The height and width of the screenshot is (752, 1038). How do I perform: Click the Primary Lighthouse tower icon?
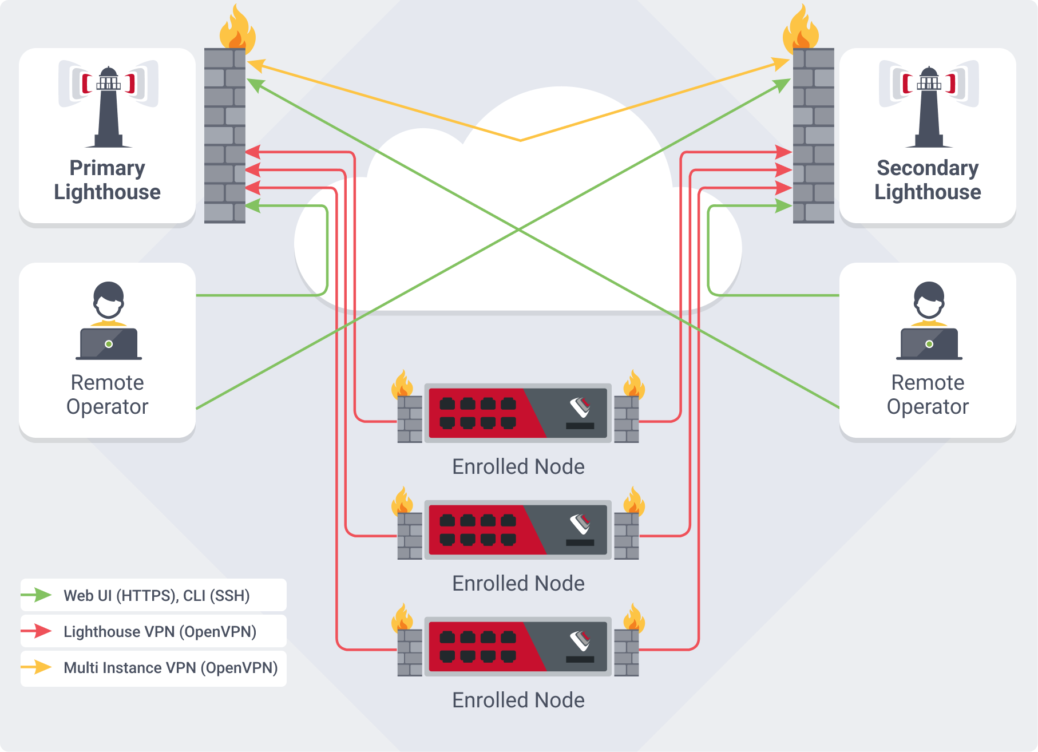[108, 106]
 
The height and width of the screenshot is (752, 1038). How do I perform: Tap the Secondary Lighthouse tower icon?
[929, 106]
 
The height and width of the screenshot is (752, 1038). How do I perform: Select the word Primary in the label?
[107, 168]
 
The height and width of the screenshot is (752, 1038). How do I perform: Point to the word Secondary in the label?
[928, 168]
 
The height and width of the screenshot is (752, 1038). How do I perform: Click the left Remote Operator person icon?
[108, 320]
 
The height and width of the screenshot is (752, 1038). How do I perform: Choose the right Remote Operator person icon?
[929, 320]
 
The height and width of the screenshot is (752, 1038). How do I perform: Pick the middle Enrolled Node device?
[518, 529]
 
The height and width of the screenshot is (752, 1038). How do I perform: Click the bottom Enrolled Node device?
[518, 646]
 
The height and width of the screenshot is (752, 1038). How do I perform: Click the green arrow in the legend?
[37, 595]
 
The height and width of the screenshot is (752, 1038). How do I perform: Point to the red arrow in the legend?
[37, 631]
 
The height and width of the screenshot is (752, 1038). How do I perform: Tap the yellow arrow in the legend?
[37, 667]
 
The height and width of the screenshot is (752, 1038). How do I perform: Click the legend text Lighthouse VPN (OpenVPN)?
[160, 632]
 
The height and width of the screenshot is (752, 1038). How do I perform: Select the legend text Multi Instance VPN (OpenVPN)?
[171, 668]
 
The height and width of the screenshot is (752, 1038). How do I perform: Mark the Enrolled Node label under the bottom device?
[518, 700]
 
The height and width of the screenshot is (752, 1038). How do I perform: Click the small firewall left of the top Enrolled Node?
[410, 419]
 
